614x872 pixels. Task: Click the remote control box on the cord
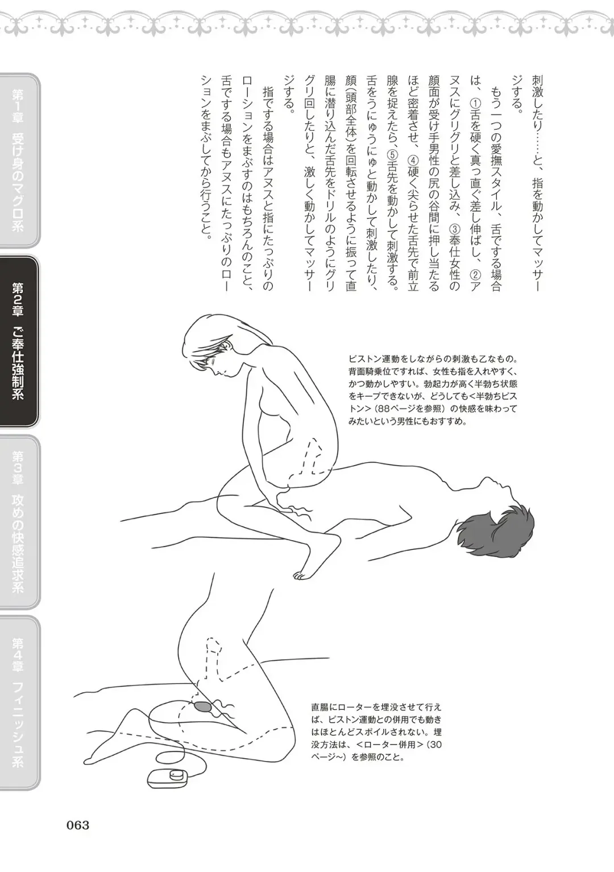[x=167, y=776]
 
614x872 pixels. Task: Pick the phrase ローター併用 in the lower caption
[x=388, y=745]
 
